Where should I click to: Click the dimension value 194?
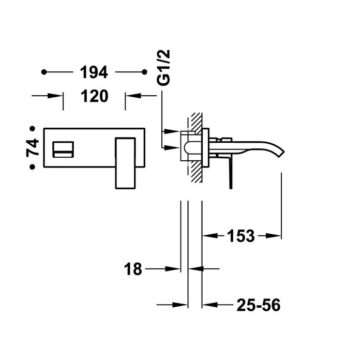[94, 73]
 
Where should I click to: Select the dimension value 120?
[94, 96]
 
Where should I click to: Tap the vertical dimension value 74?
[33, 147]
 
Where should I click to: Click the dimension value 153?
[240, 236]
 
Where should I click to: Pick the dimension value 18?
[133, 269]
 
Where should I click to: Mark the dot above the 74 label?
[33, 128]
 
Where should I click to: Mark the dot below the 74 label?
[33, 167]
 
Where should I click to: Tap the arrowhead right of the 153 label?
[274, 236]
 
